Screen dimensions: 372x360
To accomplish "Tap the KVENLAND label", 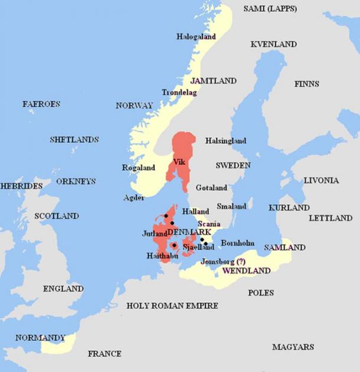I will click(x=273, y=44).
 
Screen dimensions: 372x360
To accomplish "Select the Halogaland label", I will click(x=196, y=37).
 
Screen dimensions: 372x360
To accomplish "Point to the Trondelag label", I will click(x=179, y=93).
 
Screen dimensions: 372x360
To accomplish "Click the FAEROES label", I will click(x=41, y=104).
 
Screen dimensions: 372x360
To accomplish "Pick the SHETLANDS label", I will click(x=74, y=140).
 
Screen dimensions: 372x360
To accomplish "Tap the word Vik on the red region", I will click(x=179, y=162).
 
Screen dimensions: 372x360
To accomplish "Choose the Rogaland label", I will click(x=138, y=168).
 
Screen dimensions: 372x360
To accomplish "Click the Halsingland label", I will click(x=225, y=141).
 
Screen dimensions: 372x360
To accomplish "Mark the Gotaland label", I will click(x=211, y=188).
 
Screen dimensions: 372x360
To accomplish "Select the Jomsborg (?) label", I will click(x=224, y=262).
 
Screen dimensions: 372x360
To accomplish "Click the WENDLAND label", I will click(x=246, y=271).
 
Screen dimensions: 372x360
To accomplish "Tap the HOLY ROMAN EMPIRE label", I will click(x=172, y=306).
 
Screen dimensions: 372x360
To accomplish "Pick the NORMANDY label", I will click(x=40, y=338).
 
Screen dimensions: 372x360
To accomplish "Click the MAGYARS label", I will click(x=293, y=347).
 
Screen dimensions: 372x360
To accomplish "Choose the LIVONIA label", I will click(x=321, y=180).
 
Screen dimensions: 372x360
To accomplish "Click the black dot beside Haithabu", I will click(x=174, y=245).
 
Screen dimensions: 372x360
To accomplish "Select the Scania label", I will click(x=209, y=224).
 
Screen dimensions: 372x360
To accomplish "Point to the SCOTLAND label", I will click(x=57, y=216).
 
